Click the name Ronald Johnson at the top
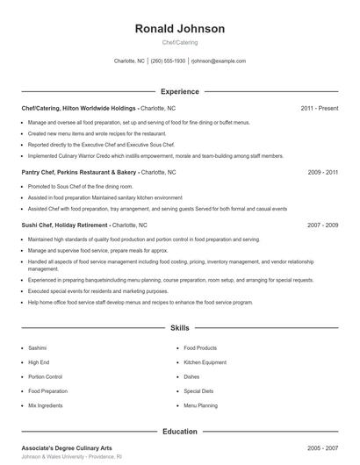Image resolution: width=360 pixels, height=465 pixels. click(x=179, y=28)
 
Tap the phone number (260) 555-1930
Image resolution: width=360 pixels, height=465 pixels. click(x=168, y=61)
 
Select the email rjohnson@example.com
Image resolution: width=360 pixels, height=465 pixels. click(x=218, y=61)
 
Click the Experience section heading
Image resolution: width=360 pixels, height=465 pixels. click(x=179, y=91)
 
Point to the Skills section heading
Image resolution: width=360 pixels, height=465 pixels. click(x=179, y=327)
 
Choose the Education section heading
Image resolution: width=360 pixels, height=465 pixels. click(x=179, y=431)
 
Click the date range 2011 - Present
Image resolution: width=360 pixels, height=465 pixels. click(x=319, y=108)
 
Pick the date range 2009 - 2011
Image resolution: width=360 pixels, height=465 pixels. click(x=323, y=173)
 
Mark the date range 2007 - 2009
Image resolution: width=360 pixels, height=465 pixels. click(x=323, y=225)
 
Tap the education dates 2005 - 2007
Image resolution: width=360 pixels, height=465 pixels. click(x=323, y=447)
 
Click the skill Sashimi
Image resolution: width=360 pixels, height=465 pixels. click(x=38, y=347)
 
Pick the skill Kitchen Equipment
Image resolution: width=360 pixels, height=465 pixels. click(x=205, y=362)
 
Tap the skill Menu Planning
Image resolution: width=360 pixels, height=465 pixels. click(x=200, y=406)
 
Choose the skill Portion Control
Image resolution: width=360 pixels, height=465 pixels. click(x=46, y=376)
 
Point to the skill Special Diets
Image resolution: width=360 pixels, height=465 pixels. click(x=198, y=391)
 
